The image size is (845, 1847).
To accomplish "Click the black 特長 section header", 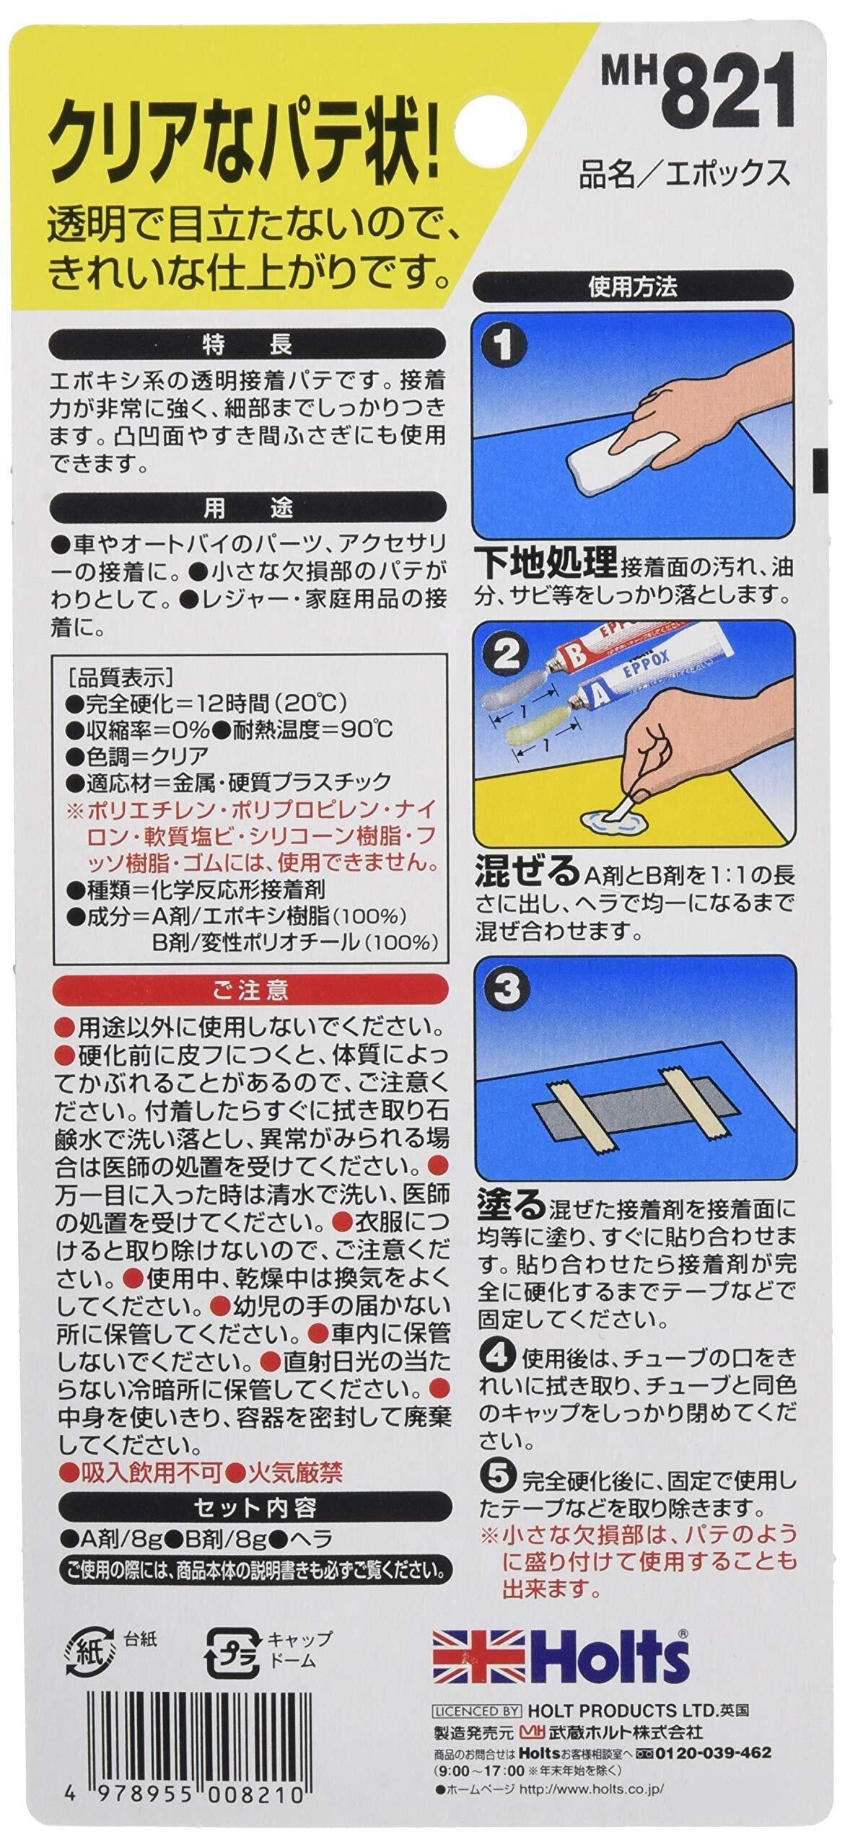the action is pyautogui.click(x=247, y=343).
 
